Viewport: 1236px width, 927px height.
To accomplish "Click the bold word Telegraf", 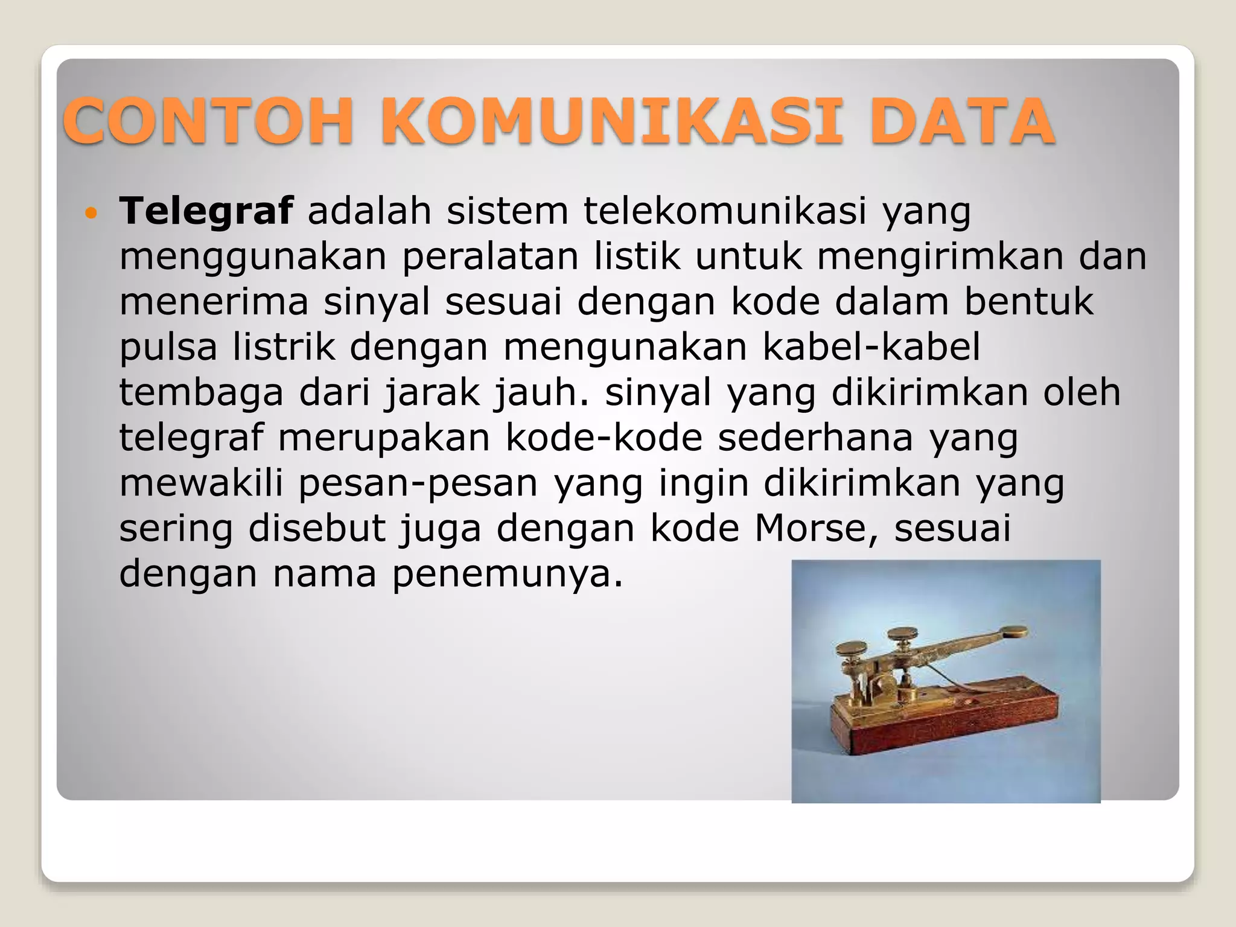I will [206, 211].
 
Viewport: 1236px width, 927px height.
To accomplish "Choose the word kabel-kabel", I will [871, 347].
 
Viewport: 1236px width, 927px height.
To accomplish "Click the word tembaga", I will [201, 392].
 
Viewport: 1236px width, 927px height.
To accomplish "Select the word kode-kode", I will [604, 438].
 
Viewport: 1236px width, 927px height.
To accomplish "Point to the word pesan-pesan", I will [418, 483].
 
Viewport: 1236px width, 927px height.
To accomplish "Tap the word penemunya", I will [507, 573].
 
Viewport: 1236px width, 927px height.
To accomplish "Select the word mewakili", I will [201, 483].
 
